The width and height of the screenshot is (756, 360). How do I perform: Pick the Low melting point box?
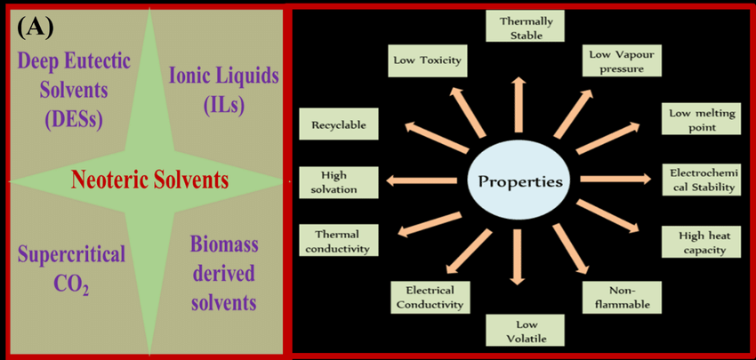702,119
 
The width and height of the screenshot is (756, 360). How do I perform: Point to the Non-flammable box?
623,296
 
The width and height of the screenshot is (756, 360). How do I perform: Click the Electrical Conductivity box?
430,297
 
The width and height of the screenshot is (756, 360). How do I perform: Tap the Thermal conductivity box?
336,241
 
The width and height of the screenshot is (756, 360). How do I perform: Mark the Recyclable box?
338,125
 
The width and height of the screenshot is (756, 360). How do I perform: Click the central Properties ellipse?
520,182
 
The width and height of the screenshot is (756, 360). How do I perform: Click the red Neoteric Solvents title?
149,180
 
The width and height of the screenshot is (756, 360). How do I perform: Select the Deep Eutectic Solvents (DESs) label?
74,90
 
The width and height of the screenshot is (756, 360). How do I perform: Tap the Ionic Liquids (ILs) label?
223,90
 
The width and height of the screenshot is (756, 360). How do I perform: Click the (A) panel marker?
36,27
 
